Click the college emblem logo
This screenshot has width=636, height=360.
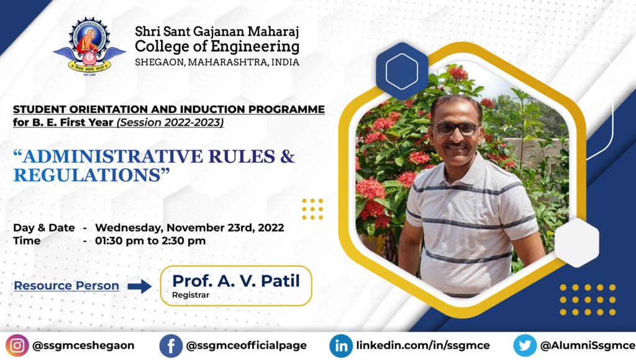pos(89,46)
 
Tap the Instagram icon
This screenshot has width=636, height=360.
pos(17,345)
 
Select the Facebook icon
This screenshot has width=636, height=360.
pos(171,346)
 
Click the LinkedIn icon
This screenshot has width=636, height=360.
pos(341,346)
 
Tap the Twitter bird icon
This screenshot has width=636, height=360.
pos(525,345)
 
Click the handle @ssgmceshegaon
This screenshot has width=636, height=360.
pos(83,345)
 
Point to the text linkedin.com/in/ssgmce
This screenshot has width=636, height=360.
pos(423,345)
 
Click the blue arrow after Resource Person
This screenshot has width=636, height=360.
pos(139,286)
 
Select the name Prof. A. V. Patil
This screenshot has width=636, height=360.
pos(236,281)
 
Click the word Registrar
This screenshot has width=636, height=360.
pos(191,295)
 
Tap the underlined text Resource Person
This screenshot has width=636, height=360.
pos(66,286)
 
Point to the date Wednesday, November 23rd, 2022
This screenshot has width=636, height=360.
pos(189,228)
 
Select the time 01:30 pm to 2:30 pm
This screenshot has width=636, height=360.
pos(150,241)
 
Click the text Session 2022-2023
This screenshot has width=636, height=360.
pos(170,122)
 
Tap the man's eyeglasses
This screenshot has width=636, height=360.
pos(455,129)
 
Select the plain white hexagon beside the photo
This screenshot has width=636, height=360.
pos(576,243)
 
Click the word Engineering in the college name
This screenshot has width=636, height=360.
pos(255,47)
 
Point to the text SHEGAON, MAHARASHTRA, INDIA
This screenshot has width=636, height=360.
pos(217,62)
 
